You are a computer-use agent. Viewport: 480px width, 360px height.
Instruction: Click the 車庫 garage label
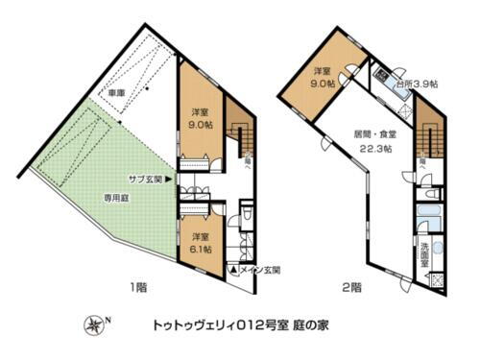pos(116,93)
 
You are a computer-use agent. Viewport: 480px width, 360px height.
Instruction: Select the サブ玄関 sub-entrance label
pos(144,178)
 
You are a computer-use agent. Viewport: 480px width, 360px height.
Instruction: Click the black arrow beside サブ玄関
pos(168,178)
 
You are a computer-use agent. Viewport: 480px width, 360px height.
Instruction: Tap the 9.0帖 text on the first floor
pos(201,124)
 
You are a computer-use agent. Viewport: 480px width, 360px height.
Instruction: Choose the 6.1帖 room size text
pos(201,246)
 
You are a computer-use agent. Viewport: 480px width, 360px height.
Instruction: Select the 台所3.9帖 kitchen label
pos(417,84)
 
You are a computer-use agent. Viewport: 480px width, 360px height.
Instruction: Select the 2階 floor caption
pos(352,286)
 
